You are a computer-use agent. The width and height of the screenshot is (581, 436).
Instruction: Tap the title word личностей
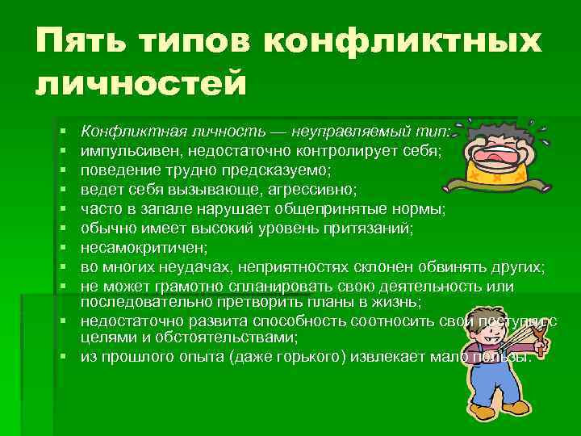140,83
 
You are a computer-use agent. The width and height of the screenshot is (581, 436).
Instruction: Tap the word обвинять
450,267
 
